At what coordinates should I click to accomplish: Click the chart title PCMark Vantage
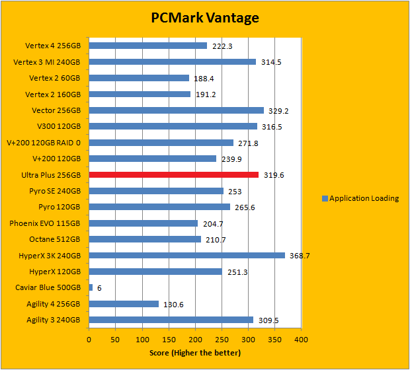(204, 17)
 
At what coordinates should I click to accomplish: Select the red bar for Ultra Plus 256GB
(174, 174)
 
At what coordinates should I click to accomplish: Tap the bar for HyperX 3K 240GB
(186, 255)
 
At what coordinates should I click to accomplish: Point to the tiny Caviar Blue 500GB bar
(91, 287)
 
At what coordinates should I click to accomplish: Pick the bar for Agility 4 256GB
(124, 304)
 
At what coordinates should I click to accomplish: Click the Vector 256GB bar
(176, 110)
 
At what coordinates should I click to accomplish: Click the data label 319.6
(274, 175)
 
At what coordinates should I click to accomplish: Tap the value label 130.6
(174, 304)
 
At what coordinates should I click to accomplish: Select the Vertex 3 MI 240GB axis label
(47, 62)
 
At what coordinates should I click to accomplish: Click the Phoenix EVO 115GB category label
(45, 223)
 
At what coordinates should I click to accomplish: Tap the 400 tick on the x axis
(302, 340)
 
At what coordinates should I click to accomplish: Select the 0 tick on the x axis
(89, 340)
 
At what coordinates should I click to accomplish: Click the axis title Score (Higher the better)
(195, 353)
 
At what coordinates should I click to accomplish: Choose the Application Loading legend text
(364, 198)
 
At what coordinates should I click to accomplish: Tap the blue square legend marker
(324, 198)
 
